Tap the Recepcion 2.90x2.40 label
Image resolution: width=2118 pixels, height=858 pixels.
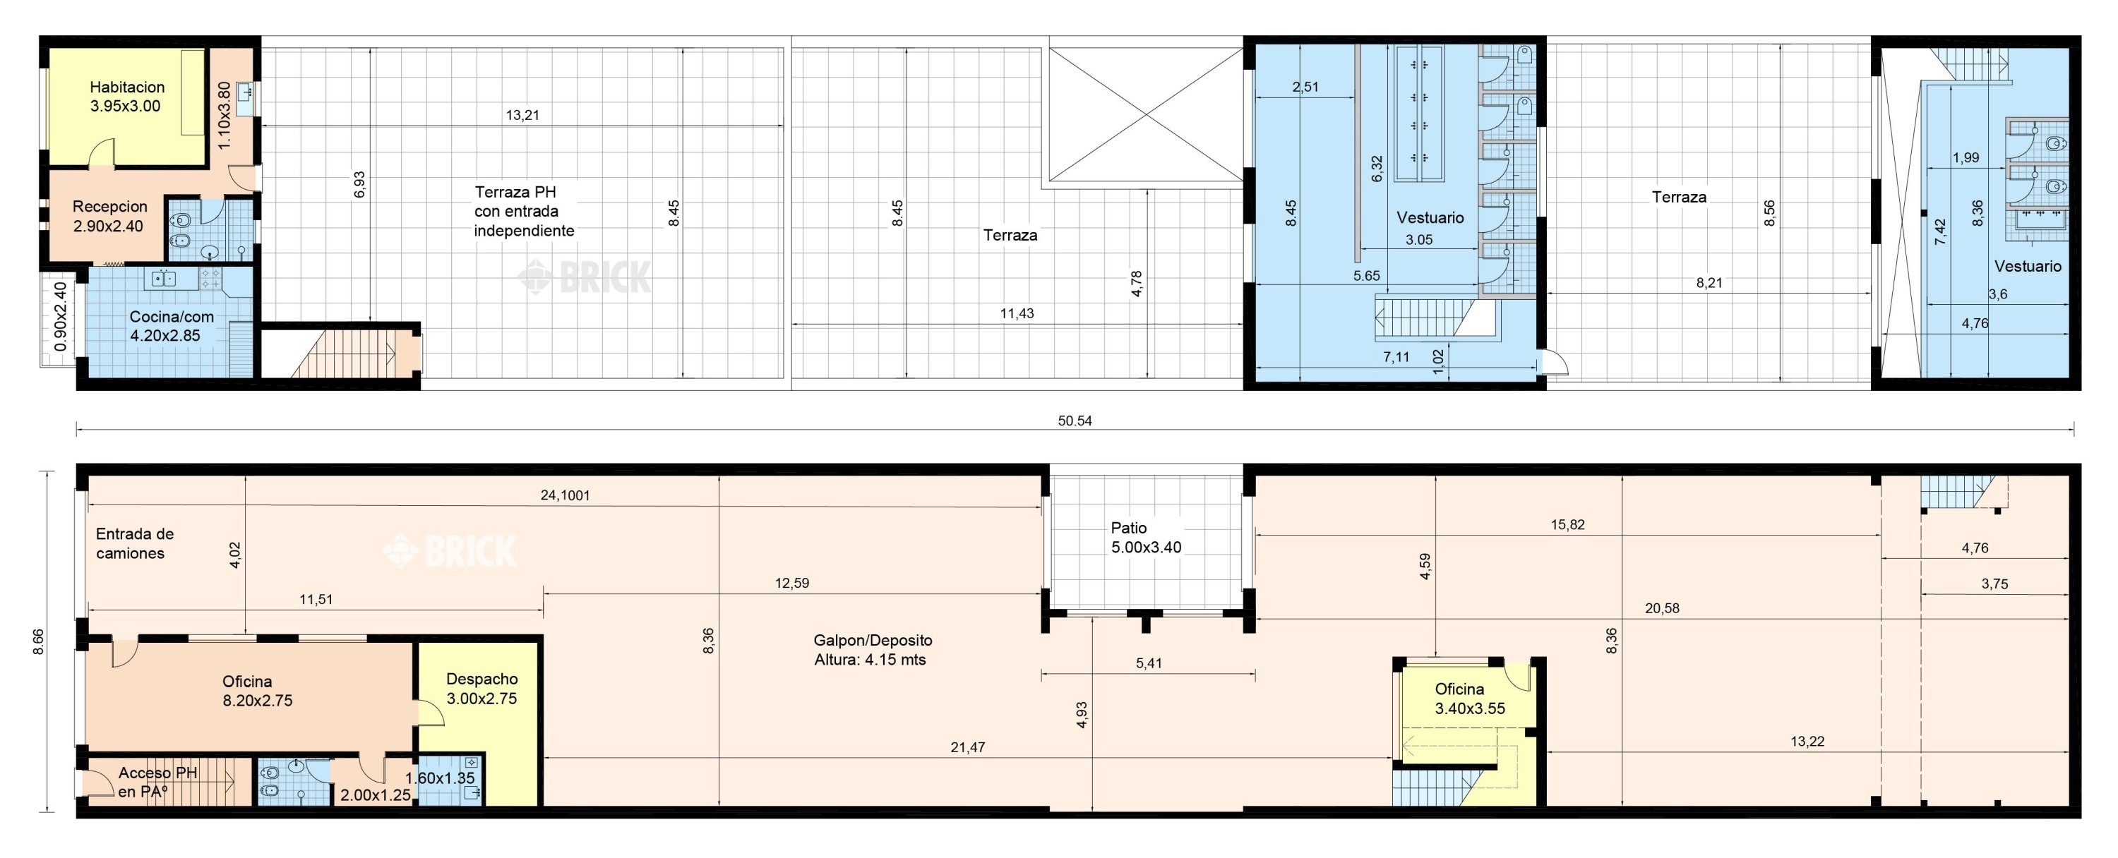[109, 216]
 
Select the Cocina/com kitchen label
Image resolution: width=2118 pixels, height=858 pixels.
[171, 325]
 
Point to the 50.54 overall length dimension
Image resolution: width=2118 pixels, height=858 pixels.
[1075, 421]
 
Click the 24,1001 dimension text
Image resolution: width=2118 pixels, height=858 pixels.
[565, 495]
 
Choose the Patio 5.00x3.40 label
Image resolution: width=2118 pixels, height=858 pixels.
[1146, 538]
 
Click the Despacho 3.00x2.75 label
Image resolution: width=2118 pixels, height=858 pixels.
[481, 689]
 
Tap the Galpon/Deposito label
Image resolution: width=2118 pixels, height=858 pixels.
[873, 640]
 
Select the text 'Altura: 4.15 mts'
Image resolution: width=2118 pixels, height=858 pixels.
[870, 660]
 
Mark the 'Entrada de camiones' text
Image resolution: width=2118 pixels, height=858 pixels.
[135, 543]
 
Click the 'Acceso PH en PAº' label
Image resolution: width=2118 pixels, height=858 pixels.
[157, 783]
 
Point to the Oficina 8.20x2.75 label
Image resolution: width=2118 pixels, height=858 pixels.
[258, 691]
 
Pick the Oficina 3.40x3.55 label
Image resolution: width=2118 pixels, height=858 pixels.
[1470, 699]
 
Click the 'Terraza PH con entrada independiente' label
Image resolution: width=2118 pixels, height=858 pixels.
[524, 211]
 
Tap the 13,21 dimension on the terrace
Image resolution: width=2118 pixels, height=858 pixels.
[522, 115]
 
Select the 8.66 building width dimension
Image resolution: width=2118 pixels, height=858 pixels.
[39, 642]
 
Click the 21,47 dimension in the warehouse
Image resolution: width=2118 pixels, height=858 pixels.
[968, 747]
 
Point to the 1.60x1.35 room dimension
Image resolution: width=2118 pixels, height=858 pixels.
[440, 778]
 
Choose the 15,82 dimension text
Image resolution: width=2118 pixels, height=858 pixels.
[1567, 524]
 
